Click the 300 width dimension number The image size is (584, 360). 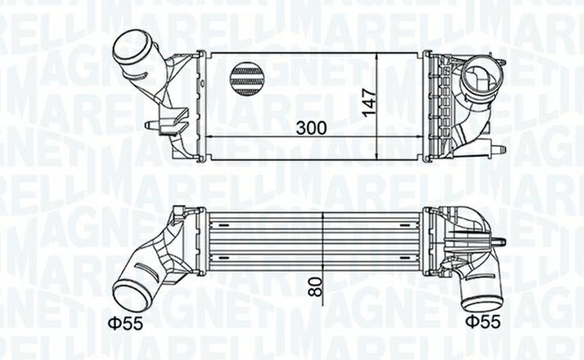pos(311,127)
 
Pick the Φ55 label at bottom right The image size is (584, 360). pos(483,322)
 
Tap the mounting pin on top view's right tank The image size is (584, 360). pos(498,149)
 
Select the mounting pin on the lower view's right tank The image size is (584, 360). pos(499,242)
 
